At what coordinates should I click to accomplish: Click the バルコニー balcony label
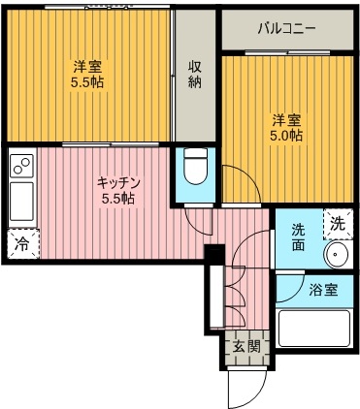[x=286, y=29]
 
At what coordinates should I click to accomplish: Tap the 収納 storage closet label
[x=195, y=75]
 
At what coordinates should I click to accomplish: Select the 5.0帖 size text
[x=286, y=135]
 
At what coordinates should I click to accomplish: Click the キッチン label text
[x=118, y=183]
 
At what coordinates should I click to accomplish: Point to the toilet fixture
[x=195, y=167]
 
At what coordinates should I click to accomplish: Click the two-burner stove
[x=21, y=166]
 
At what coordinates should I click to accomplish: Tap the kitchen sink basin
[x=21, y=202]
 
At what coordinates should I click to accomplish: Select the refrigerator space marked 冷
[x=22, y=244]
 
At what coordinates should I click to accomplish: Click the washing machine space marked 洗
[x=338, y=224]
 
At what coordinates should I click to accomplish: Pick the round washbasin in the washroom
[x=338, y=254]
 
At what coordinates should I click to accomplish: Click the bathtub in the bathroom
[x=314, y=329]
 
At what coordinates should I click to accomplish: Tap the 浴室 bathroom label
[x=323, y=290]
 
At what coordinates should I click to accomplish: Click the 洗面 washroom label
[x=298, y=237]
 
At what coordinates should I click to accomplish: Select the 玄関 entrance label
[x=247, y=347]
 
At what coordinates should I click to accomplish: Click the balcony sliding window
[x=287, y=52]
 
